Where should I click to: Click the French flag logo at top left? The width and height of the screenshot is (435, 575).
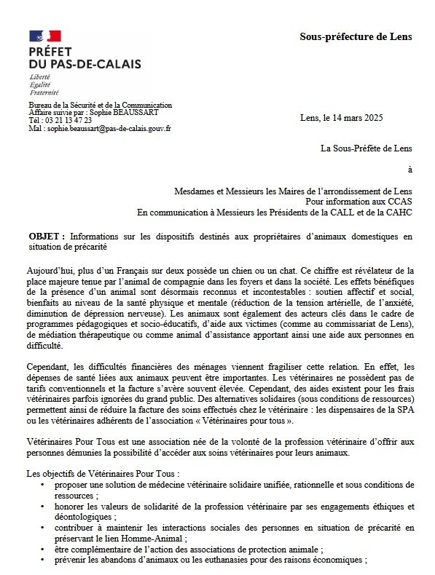[45, 35]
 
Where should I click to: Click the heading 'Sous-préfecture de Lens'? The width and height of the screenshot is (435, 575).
[356, 36]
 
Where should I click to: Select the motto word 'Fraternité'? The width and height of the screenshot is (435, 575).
[44, 92]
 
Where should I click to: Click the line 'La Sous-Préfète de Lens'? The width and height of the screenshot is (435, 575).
[367, 149]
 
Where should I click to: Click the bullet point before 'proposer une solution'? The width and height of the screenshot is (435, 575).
[46, 484]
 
